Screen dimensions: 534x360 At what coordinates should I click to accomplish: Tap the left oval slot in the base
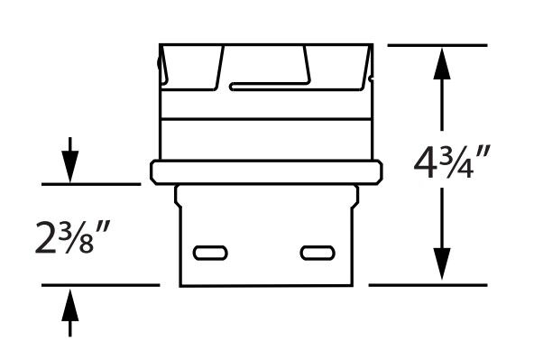[x=212, y=251]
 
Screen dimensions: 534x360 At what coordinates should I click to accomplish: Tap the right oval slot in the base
[x=315, y=251]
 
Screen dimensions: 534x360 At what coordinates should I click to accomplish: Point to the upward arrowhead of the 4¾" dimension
[x=441, y=60]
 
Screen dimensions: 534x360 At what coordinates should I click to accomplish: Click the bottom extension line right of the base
[x=428, y=285]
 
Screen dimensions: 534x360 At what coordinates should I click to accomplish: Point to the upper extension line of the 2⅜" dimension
[x=90, y=184]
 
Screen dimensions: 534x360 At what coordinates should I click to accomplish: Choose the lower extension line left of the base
[x=99, y=285]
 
